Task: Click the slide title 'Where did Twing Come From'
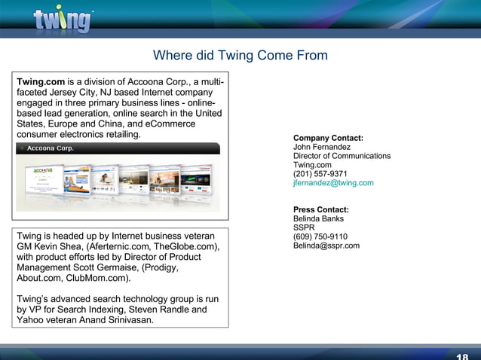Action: [x=240, y=56]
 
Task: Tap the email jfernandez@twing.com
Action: [x=333, y=183]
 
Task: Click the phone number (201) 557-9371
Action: [x=320, y=174]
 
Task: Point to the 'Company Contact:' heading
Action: [x=328, y=138]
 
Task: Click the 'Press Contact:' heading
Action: [x=320, y=209]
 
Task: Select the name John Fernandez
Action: [x=321, y=147]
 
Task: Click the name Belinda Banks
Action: [x=318, y=218]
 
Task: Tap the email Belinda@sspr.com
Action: [x=326, y=246]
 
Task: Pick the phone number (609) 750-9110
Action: [x=320, y=236]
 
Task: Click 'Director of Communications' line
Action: [x=342, y=156]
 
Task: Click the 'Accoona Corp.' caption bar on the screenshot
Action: [x=53, y=148]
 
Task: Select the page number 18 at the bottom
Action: [x=462, y=356]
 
